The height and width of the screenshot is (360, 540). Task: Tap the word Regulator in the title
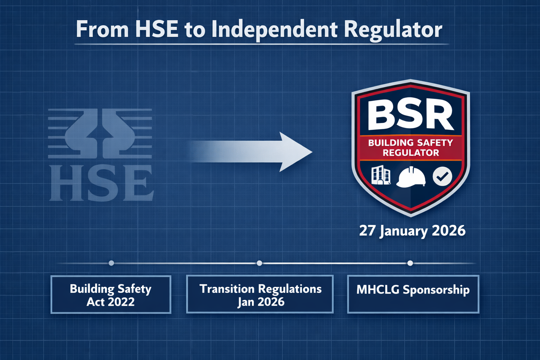pyautogui.click(x=393, y=30)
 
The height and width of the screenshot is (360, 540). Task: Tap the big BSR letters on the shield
pyautogui.click(x=410, y=115)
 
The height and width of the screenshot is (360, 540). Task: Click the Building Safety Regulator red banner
pyautogui.click(x=411, y=148)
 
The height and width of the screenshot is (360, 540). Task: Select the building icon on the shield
pyautogui.click(x=381, y=175)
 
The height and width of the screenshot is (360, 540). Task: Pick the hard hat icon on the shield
pyautogui.click(x=411, y=177)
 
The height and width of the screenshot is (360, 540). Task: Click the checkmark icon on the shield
pyautogui.click(x=442, y=176)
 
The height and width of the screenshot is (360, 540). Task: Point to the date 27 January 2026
pyautogui.click(x=412, y=231)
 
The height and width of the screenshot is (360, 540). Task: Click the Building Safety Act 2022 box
pyautogui.click(x=111, y=295)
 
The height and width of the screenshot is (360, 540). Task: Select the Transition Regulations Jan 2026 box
pyautogui.click(x=260, y=295)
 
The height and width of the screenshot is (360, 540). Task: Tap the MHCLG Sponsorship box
pyautogui.click(x=413, y=294)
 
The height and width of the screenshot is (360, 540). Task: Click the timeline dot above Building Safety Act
pyautogui.click(x=111, y=263)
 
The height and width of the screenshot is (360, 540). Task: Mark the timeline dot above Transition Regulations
pyautogui.click(x=259, y=263)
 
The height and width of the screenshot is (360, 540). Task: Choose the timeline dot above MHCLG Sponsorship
pyautogui.click(x=410, y=263)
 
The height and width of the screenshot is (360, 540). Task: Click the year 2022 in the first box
pyautogui.click(x=121, y=302)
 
